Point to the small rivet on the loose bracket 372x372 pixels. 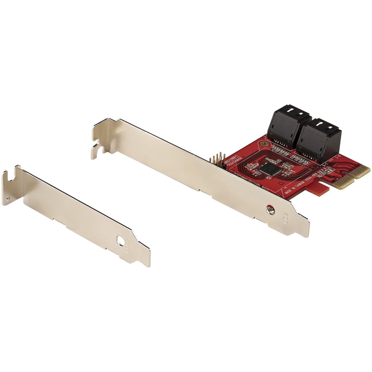(8, 198)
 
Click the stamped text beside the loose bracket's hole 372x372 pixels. (127, 248)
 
